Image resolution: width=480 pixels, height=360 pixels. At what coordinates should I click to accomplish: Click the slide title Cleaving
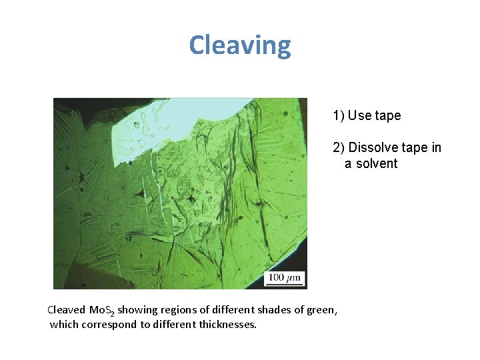click(x=240, y=45)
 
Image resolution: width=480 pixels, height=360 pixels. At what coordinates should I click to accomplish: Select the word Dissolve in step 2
click(x=372, y=147)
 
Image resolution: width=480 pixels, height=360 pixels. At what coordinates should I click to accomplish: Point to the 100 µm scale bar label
click(x=285, y=277)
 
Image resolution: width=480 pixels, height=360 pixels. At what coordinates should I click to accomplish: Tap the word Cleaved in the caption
click(x=67, y=309)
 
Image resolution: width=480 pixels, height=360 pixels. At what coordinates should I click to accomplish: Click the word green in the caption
click(x=321, y=309)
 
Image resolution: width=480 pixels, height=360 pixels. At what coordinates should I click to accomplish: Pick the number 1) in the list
click(x=339, y=115)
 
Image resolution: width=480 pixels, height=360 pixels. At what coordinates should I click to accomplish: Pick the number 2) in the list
click(x=339, y=147)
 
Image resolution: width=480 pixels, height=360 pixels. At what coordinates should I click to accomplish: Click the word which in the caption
click(x=64, y=325)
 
